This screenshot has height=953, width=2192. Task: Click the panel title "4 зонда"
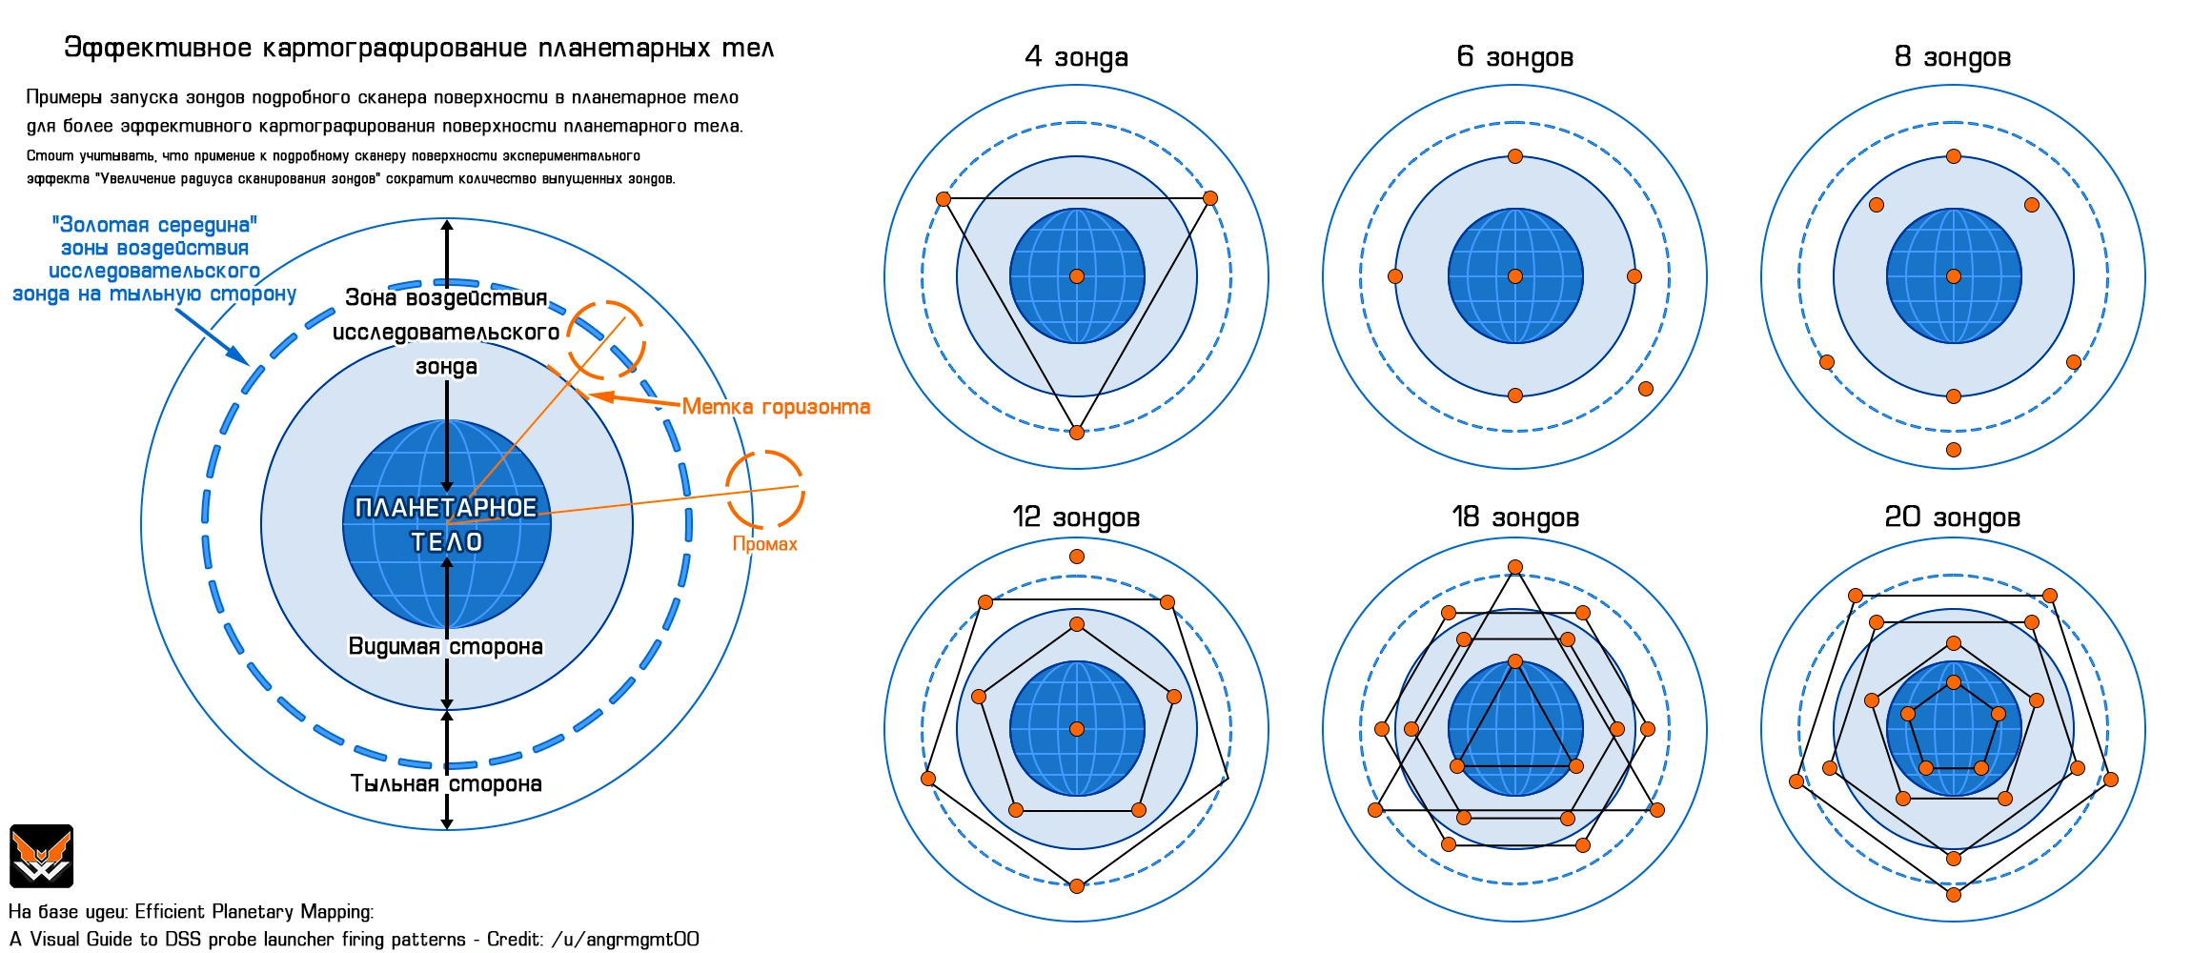(x=1076, y=57)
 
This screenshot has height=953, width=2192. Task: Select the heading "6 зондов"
(x=1514, y=57)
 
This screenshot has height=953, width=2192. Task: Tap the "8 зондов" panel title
(x=1952, y=57)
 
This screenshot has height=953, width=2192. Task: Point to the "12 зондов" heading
(x=1076, y=517)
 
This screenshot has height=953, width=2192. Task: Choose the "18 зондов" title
(x=1514, y=517)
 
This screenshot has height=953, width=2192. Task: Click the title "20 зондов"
(x=1952, y=517)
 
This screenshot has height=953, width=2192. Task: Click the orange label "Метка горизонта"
(x=776, y=407)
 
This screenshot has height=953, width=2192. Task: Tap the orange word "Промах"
(x=764, y=544)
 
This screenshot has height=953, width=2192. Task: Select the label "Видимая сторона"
(x=445, y=646)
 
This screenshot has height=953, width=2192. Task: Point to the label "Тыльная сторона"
(x=445, y=783)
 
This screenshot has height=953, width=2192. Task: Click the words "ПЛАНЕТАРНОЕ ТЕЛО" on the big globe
(x=446, y=524)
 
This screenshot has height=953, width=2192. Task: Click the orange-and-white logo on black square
(x=41, y=856)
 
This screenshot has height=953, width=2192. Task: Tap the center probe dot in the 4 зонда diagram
(x=1077, y=276)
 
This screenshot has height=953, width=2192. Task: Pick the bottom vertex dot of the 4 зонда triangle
(x=1077, y=433)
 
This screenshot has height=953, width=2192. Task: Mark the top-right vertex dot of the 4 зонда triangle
(x=1210, y=198)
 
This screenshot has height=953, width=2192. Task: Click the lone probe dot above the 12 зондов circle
(x=1077, y=557)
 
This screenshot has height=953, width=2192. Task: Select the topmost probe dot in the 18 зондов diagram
(x=1515, y=567)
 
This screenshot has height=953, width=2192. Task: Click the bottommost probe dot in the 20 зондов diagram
(x=1954, y=894)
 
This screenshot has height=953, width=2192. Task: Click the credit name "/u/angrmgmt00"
(x=625, y=939)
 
